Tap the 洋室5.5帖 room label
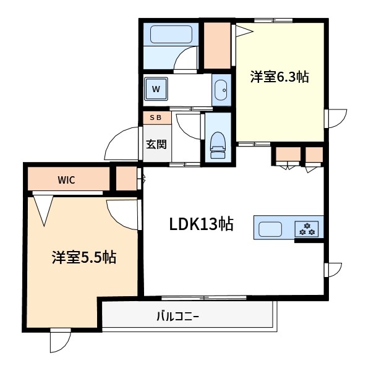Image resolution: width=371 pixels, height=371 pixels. tap(84, 257)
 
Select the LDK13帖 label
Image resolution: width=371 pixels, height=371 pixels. tap(202, 224)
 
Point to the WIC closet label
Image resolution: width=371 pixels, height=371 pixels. tap(66, 180)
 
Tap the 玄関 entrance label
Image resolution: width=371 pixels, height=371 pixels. tap(156, 145)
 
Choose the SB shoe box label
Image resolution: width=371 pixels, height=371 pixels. tap(155, 117)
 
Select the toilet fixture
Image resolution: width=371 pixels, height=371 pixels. tap(217, 143)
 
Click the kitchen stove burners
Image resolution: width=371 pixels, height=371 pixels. tap(307, 228)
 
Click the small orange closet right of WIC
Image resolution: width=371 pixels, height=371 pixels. tap(126, 179)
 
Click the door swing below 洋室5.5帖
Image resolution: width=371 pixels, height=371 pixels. tap(61, 342)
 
